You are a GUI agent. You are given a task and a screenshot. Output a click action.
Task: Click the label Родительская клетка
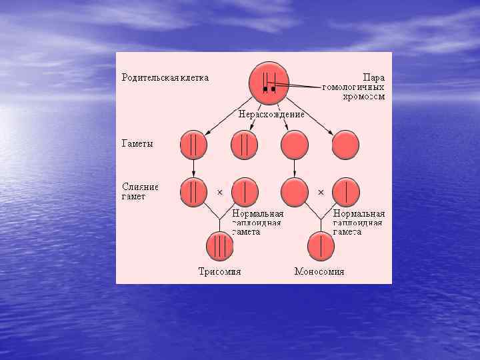pyautogui.click(x=165, y=77)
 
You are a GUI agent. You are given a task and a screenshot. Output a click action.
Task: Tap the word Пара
pyautogui.click(x=374, y=77)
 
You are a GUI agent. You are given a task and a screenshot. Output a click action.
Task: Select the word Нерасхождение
pyautogui.click(x=272, y=114)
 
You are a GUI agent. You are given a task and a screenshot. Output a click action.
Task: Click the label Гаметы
pyautogui.click(x=137, y=144)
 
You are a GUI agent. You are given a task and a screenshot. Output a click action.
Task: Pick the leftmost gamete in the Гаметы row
pyautogui.click(x=193, y=145)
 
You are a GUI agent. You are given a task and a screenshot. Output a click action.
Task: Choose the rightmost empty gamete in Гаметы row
pyautogui.click(x=345, y=145)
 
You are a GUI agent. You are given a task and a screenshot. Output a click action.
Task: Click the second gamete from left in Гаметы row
pyautogui.click(x=244, y=145)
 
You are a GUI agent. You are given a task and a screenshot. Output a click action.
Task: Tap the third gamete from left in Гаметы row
pyautogui.click(x=295, y=145)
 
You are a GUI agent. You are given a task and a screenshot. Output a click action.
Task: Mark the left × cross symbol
pyautogui.click(x=219, y=192)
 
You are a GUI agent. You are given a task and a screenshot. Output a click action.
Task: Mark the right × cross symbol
pyautogui.click(x=321, y=192)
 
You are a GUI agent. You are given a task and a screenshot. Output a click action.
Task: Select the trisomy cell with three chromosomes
pyautogui.click(x=219, y=246)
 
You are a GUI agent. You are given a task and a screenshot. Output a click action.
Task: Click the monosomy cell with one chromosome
pyautogui.click(x=321, y=246)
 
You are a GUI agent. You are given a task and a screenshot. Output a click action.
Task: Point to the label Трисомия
pyautogui.click(x=219, y=272)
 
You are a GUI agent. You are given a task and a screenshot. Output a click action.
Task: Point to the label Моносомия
pyautogui.click(x=320, y=272)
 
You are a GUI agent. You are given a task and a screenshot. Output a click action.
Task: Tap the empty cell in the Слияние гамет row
pyautogui.click(x=295, y=191)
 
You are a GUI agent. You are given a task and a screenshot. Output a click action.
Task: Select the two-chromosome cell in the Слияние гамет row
pyautogui.click(x=193, y=191)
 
